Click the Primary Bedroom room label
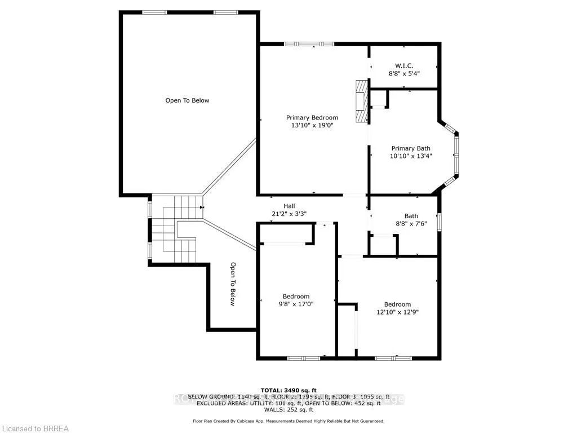pos(312,118)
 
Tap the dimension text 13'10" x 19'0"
pos(312,126)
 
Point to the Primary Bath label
pos(411,148)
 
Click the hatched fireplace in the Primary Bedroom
pos(361,101)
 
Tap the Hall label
pos(289,206)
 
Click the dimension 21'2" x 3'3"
pos(289,214)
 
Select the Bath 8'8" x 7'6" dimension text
pos(411,223)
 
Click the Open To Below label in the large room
pos(187,100)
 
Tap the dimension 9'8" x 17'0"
pos(296,304)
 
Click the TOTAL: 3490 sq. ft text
pos(288,390)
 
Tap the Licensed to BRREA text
pos(34,428)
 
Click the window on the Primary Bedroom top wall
pos(308,44)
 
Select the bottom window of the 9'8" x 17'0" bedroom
pos(304,357)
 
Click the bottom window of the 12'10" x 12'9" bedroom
pos(393,357)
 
